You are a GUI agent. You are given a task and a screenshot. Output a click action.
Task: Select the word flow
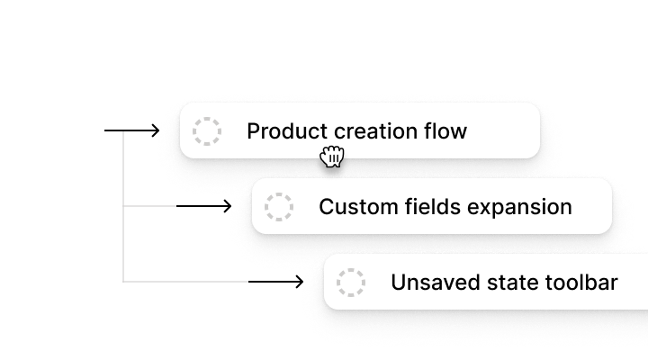(x=445, y=131)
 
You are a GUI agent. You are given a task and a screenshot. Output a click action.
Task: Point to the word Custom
(x=351, y=207)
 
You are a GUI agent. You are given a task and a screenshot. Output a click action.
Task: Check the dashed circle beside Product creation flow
(x=207, y=131)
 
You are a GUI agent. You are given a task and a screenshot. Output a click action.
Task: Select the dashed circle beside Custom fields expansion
(x=279, y=207)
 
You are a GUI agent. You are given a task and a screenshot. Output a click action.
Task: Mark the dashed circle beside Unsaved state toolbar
(x=351, y=283)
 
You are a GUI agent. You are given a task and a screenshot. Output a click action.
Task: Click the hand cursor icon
(x=332, y=157)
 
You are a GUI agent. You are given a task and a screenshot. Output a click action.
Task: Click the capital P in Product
(x=253, y=131)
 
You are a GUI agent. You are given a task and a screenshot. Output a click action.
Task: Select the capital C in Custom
(x=326, y=207)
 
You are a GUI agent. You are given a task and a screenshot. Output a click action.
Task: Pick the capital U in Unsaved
(x=397, y=283)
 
